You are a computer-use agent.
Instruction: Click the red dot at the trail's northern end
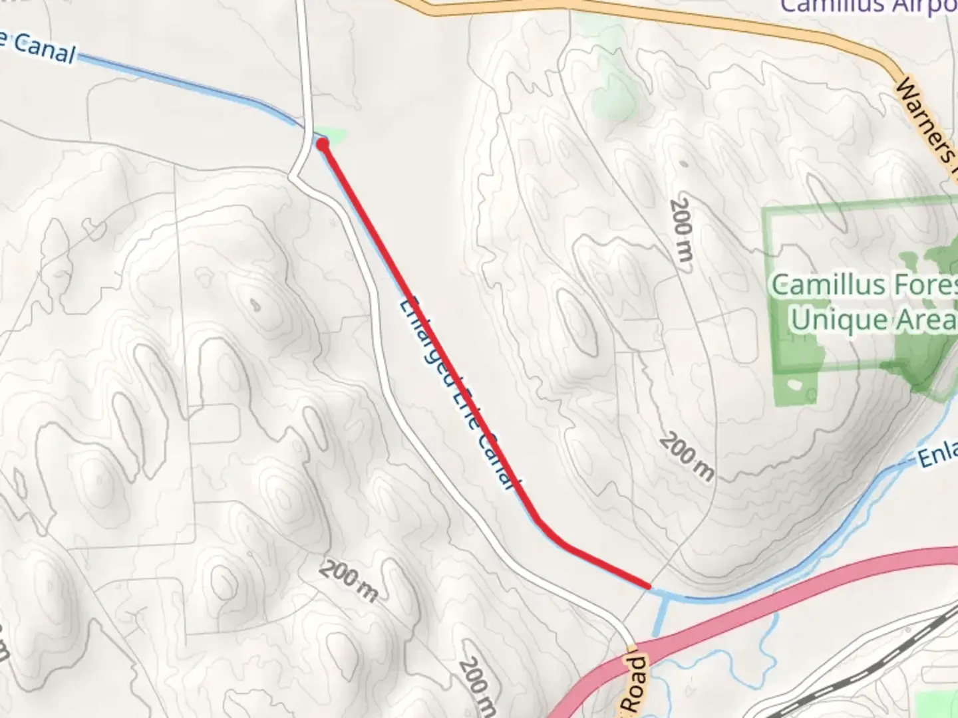coord(323,143)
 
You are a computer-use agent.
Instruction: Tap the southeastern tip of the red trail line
coord(647,586)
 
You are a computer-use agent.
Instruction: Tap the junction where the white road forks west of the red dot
coord(293,176)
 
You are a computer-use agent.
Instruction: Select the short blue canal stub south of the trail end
coord(661,614)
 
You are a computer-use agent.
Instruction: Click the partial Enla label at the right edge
coord(938,456)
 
